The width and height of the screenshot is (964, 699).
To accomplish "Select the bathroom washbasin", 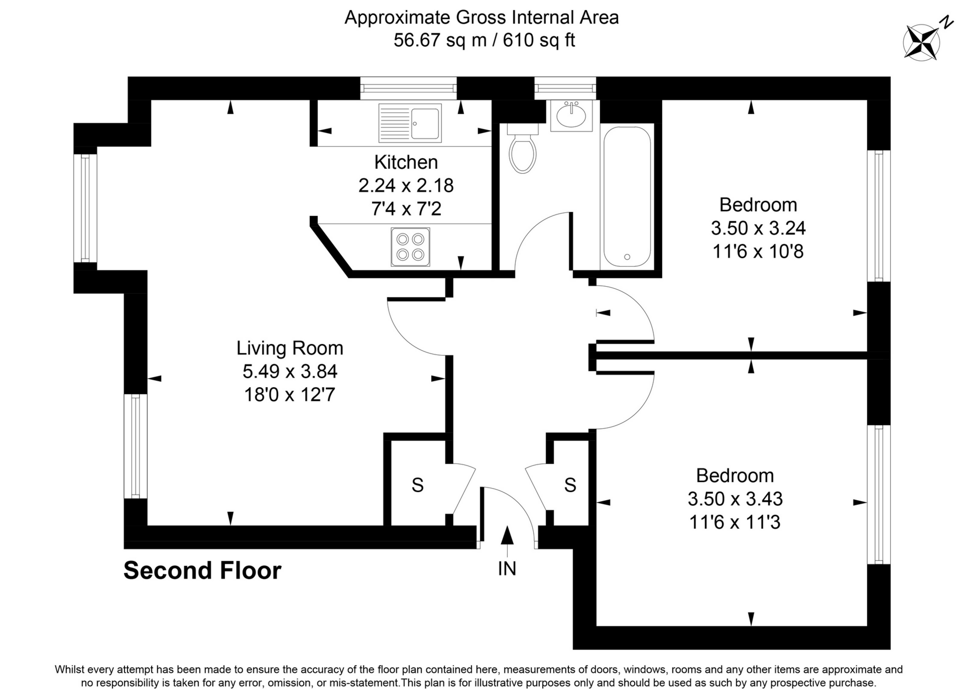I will (x=571, y=116).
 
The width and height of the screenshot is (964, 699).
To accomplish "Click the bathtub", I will (x=627, y=196).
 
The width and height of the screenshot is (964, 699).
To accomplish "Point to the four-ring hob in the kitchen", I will (x=410, y=247).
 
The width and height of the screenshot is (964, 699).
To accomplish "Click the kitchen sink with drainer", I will (x=410, y=123).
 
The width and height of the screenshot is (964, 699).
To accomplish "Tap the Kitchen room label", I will (x=406, y=162).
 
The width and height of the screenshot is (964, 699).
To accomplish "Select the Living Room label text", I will (x=290, y=348).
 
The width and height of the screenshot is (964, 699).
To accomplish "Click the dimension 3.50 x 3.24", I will (x=758, y=228).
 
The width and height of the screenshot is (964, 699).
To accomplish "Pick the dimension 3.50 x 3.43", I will (x=735, y=499).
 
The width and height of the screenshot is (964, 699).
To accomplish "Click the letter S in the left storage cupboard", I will (x=417, y=485).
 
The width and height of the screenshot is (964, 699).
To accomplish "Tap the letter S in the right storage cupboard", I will (x=570, y=485).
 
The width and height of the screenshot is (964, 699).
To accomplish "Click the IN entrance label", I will (x=507, y=568).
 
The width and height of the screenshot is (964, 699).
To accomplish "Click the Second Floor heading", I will (x=202, y=570).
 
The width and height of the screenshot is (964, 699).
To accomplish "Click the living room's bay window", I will (x=85, y=208).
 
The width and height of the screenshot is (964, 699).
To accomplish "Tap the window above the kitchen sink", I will (x=408, y=88).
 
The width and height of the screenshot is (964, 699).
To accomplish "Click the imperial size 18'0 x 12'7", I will (x=289, y=395).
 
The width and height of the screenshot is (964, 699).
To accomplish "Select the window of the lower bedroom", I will (x=878, y=495).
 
